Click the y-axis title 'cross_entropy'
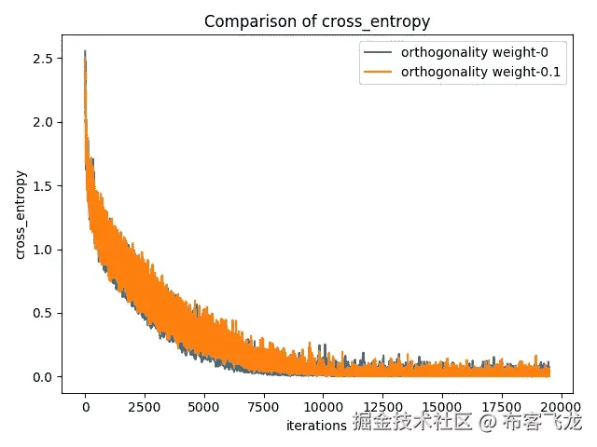pyautogui.click(x=21, y=216)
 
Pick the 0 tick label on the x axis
pyautogui.click(x=85, y=406)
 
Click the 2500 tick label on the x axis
pyautogui.click(x=145, y=406)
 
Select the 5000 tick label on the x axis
pyautogui.click(x=204, y=406)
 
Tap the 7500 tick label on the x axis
pyautogui.click(x=264, y=406)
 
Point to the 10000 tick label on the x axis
pyautogui.click(x=323, y=406)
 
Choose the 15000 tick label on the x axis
pyautogui.click(x=442, y=406)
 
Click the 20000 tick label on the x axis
pyautogui.click(x=561, y=406)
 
